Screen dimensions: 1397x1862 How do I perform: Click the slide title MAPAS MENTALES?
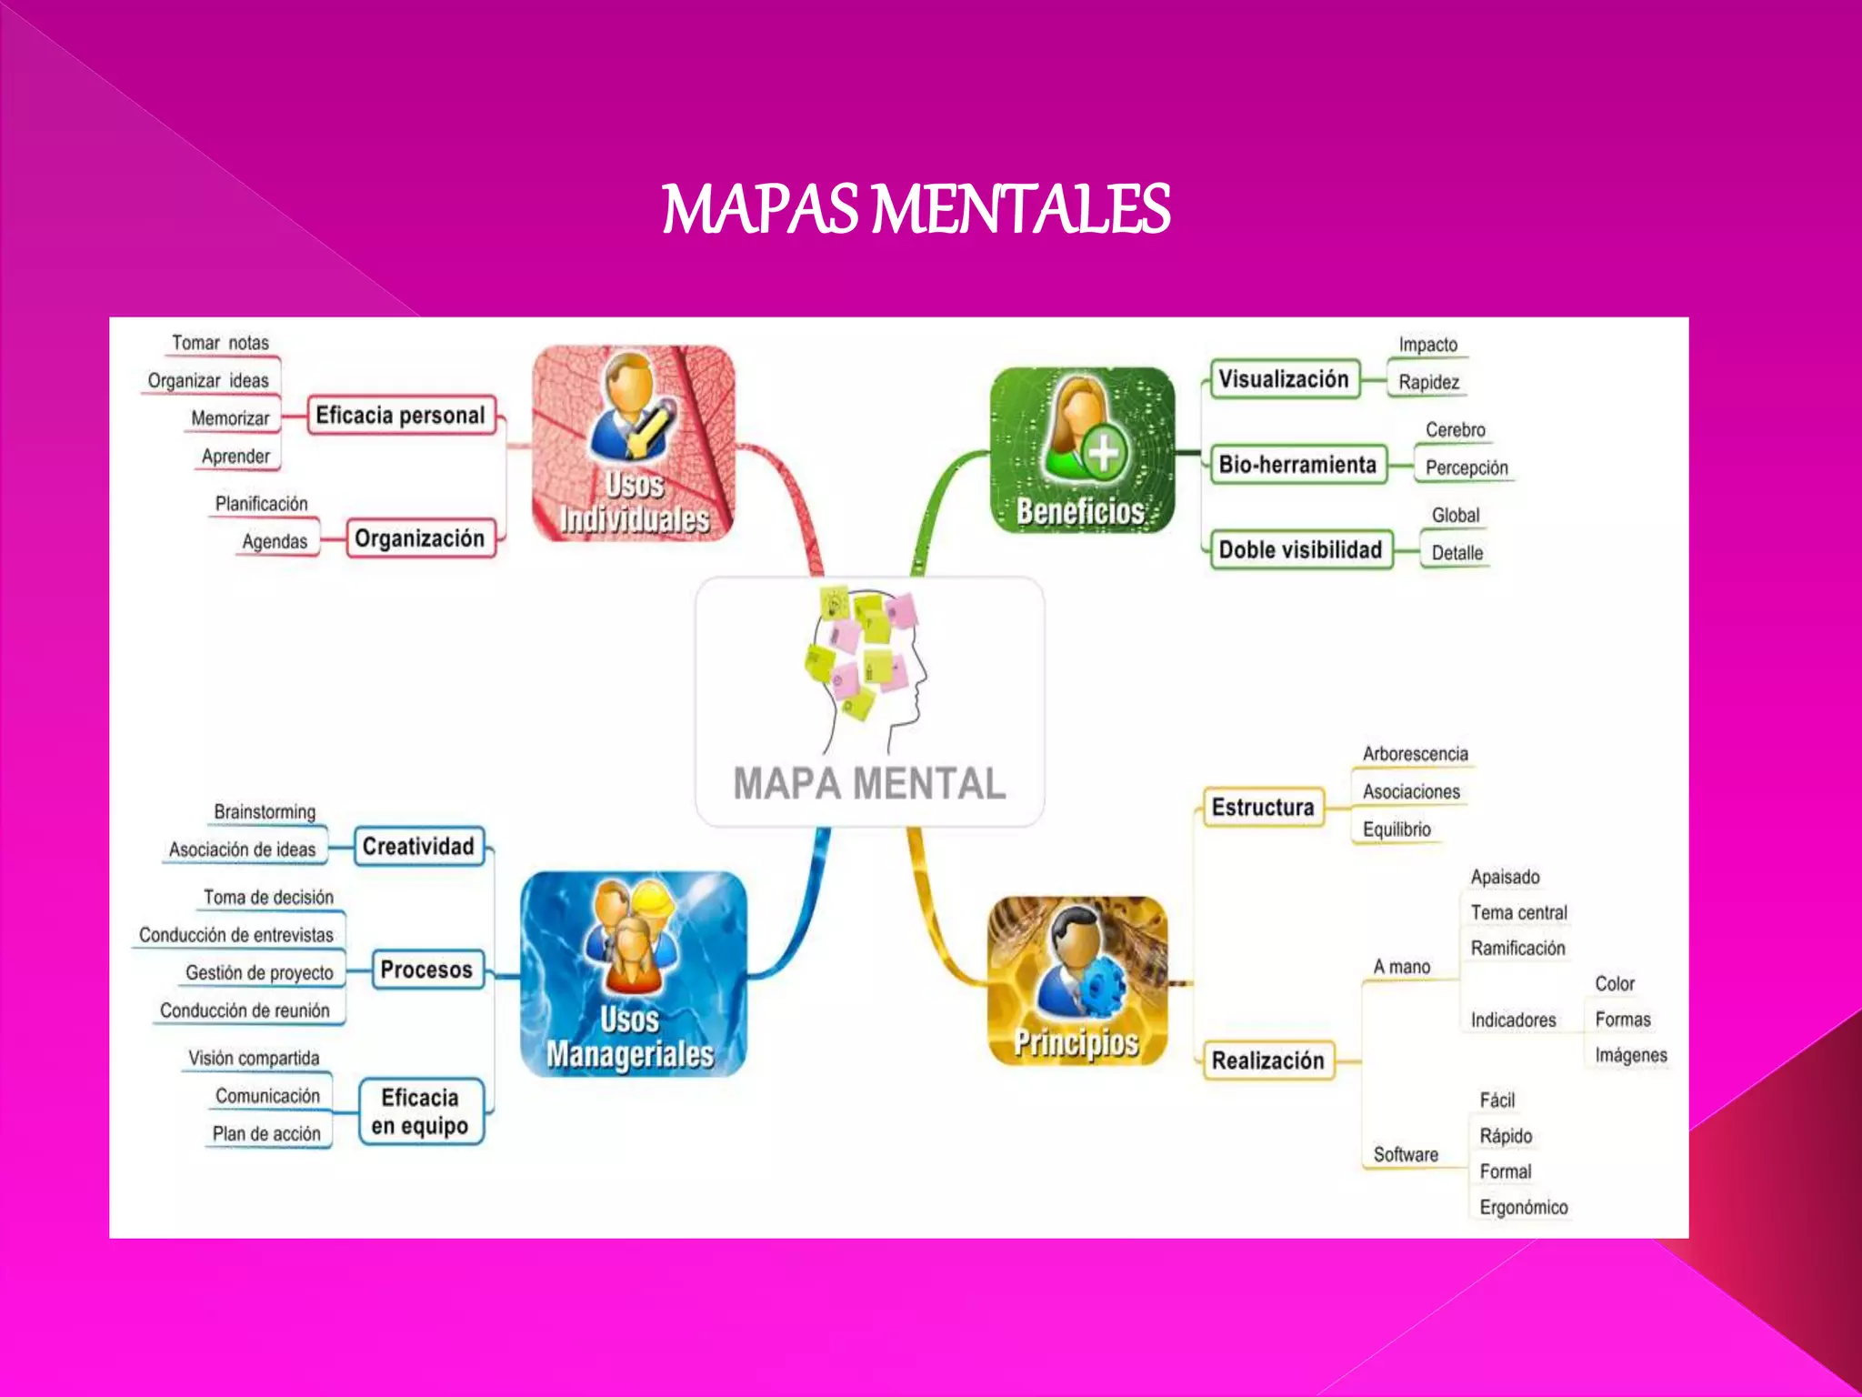pyautogui.click(x=916, y=208)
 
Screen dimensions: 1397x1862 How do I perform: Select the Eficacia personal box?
pyautogui.click(x=401, y=416)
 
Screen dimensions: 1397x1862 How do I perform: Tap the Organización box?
pyautogui.click(x=419, y=538)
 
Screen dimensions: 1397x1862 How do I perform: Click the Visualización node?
pyautogui.click(x=1283, y=379)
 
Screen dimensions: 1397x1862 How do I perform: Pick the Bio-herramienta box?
pyautogui.click(x=1297, y=465)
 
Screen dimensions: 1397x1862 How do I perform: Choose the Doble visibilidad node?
pyautogui.click(x=1300, y=550)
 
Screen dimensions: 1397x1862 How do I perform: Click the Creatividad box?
pyautogui.click(x=418, y=847)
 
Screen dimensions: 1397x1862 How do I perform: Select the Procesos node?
pyautogui.click(x=426, y=970)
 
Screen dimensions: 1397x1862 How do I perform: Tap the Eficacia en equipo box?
pyautogui.click(x=420, y=1111)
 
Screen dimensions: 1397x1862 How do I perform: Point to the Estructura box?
pyautogui.click(x=1263, y=808)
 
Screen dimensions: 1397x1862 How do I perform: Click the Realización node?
pyautogui.click(x=1267, y=1060)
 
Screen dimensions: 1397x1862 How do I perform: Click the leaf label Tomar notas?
pyautogui.click(x=221, y=343)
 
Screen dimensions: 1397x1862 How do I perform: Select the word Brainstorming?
pyautogui.click(x=265, y=811)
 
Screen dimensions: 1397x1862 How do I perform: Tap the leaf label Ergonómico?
pyautogui.click(x=1523, y=1208)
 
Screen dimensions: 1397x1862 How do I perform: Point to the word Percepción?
pyautogui.click(x=1467, y=467)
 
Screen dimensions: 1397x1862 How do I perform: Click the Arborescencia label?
pyautogui.click(x=1415, y=754)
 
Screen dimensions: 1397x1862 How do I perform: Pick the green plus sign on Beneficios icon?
pyautogui.click(x=1104, y=452)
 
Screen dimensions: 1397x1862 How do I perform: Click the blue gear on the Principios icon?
pyautogui.click(x=1104, y=988)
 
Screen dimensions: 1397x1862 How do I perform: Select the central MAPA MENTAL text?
pyautogui.click(x=869, y=783)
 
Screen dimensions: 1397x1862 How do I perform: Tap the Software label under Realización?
pyautogui.click(x=1406, y=1155)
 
